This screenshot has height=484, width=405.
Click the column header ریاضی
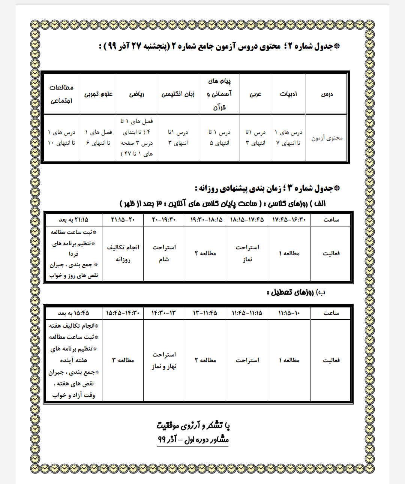coord(136,94)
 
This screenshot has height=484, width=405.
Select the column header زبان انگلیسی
coord(178,94)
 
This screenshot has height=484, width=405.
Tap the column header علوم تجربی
coord(98,94)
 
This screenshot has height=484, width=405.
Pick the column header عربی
coord(255,94)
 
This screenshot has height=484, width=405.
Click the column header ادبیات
coord(288,94)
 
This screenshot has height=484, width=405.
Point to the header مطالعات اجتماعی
coord(61,94)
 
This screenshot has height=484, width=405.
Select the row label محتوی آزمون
coord(327,138)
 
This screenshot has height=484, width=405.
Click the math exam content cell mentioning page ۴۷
coord(136,138)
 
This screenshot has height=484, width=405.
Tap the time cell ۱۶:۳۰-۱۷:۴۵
coord(289,220)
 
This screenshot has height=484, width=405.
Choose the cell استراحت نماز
coord(247,253)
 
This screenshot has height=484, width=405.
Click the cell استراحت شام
coord(164,253)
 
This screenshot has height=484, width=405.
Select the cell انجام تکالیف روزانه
coord(123,253)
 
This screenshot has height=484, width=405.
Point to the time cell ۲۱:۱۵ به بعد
coord(73,220)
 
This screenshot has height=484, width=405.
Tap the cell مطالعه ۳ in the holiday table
coord(123,360)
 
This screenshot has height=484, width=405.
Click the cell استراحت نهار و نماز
coord(164,360)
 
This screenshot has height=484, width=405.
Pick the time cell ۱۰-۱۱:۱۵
coord(289,313)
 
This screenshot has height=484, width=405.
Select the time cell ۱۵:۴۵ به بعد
coord(73,313)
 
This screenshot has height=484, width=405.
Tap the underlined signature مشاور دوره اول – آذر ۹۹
coord(193,439)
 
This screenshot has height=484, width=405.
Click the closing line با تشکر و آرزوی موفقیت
coord(193,426)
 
